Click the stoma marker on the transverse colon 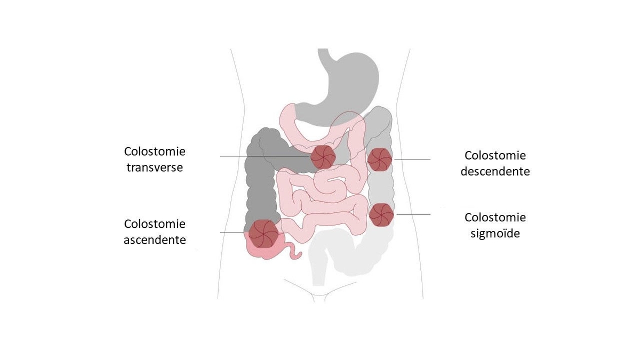[323, 157]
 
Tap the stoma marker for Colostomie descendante [380, 159]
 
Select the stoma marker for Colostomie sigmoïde [381, 215]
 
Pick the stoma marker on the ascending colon [263, 234]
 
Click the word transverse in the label [155, 167]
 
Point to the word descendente [495, 171]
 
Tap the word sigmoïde [495, 234]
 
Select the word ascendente [155, 239]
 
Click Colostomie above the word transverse [155, 151]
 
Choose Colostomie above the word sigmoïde [495, 218]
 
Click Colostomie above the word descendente [495, 155]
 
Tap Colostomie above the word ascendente [155, 223]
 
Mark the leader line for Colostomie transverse [266, 156]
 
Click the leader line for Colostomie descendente [412, 159]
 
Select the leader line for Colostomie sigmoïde [413, 214]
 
